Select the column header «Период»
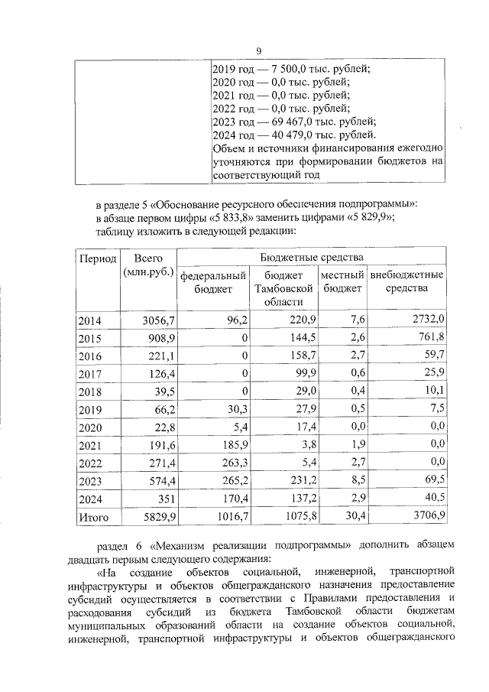pyautogui.click(x=98, y=260)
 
